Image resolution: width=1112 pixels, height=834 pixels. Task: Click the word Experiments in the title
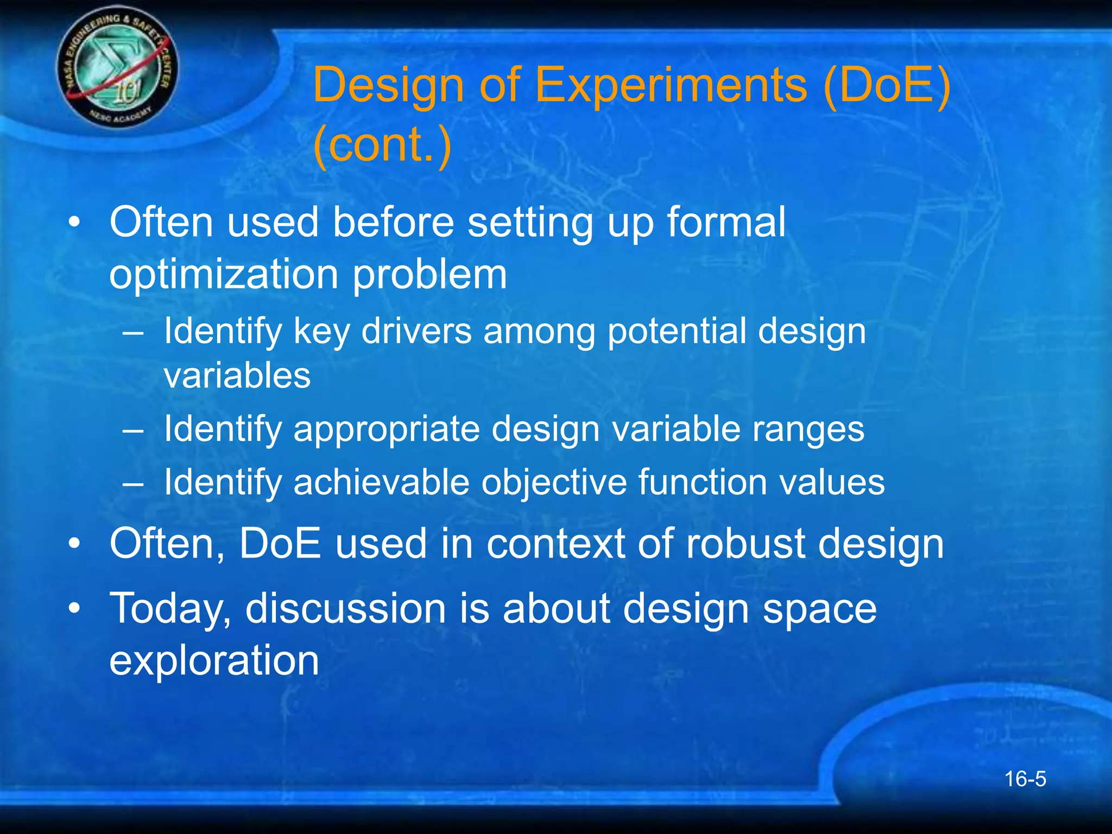tap(671, 85)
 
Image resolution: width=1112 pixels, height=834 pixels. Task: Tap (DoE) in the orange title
tap(886, 85)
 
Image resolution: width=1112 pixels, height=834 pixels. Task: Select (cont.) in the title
tap(382, 144)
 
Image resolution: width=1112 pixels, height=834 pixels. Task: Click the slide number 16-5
tap(1025, 779)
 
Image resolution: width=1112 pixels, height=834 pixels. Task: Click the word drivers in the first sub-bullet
tap(416, 331)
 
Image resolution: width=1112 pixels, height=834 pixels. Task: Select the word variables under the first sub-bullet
tap(237, 376)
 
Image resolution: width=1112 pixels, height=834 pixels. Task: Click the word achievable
tap(381, 482)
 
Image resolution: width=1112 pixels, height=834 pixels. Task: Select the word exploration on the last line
tap(214, 661)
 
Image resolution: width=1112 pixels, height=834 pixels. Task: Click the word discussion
tap(346, 609)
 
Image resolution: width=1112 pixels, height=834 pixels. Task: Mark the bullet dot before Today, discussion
tap(74, 609)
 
